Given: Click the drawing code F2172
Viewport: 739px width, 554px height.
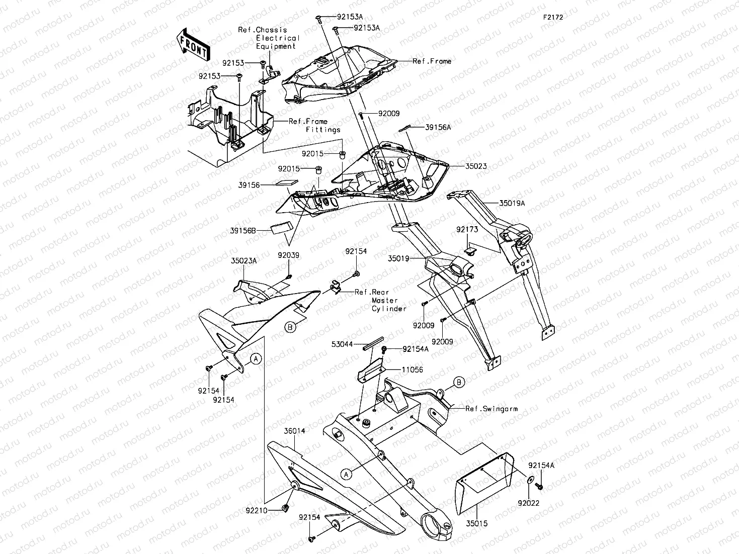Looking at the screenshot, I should [x=552, y=17].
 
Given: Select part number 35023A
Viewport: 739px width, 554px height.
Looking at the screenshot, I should [x=243, y=261].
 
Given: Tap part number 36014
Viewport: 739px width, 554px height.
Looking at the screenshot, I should [x=294, y=431].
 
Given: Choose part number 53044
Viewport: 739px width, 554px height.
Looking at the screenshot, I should [x=342, y=345].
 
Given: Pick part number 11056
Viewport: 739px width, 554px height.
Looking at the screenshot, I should [x=412, y=370].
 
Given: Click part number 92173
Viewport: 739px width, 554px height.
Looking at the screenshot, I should [x=467, y=229].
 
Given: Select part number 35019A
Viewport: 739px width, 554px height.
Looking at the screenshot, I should [x=512, y=204].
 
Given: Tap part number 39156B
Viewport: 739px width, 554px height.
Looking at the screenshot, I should [x=243, y=231].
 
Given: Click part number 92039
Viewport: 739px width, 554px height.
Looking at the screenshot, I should [x=288, y=255].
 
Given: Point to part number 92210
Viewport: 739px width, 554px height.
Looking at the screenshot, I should [x=257, y=510].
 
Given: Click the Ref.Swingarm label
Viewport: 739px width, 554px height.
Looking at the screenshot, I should [x=491, y=409].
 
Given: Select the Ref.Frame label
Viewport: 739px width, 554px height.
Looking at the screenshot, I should [x=432, y=61].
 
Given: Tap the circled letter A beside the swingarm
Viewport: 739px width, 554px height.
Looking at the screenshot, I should [x=346, y=474].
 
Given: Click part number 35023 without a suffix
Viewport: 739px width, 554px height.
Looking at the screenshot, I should [x=461, y=166].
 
